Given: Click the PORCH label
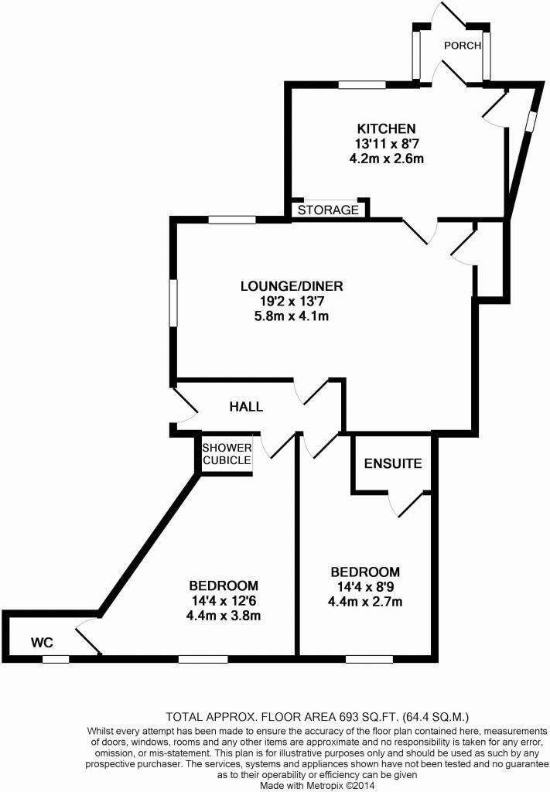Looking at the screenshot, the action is (x=462, y=46).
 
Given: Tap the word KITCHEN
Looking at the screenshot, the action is (x=387, y=128).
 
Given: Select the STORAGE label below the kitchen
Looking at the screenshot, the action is (x=329, y=210).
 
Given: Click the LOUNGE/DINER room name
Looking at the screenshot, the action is (x=291, y=286).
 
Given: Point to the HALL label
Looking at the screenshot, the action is (x=246, y=407).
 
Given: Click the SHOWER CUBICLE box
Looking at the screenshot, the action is (x=227, y=454).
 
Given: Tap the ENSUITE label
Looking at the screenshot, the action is (x=393, y=464).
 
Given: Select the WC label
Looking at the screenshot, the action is (x=41, y=642).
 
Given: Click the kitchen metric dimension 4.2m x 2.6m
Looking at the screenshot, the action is (x=387, y=158).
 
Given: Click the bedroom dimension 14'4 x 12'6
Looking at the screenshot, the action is (x=224, y=601).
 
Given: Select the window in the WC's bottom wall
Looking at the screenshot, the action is (x=55, y=659).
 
